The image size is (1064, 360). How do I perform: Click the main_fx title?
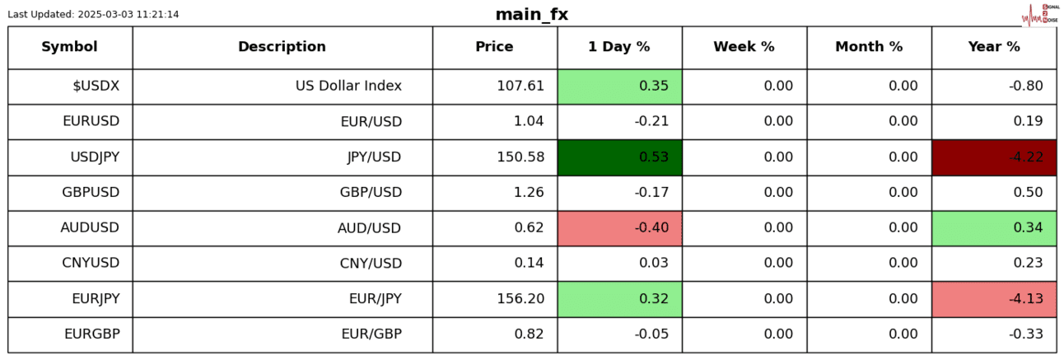531,15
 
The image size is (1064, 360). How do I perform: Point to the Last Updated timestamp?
93,15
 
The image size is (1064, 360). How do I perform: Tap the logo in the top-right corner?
1039,15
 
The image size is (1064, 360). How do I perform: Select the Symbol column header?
70,47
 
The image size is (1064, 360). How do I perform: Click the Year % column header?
994,47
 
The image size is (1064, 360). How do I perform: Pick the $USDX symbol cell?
96,86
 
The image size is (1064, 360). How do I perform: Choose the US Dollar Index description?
348,86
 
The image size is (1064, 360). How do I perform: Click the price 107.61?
520,86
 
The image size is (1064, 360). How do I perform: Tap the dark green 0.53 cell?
619,157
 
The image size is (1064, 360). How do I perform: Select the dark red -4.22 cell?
994,157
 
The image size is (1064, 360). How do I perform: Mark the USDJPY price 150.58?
520,157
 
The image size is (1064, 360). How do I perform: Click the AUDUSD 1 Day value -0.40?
619,228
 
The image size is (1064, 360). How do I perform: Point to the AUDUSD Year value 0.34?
994,228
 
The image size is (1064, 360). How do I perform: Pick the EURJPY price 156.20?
520,299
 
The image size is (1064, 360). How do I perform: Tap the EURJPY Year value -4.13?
994,299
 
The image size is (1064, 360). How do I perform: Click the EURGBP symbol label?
91,334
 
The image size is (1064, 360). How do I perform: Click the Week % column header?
744,47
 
